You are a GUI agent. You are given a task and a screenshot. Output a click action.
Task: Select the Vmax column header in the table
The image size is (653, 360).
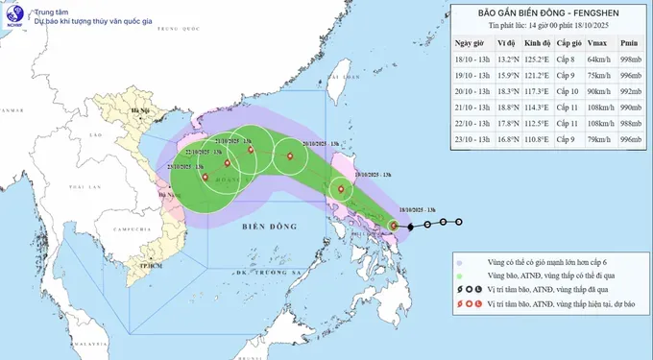(x=597, y=43)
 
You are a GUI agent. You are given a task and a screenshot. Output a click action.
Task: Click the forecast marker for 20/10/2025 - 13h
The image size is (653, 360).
(x=288, y=156)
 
